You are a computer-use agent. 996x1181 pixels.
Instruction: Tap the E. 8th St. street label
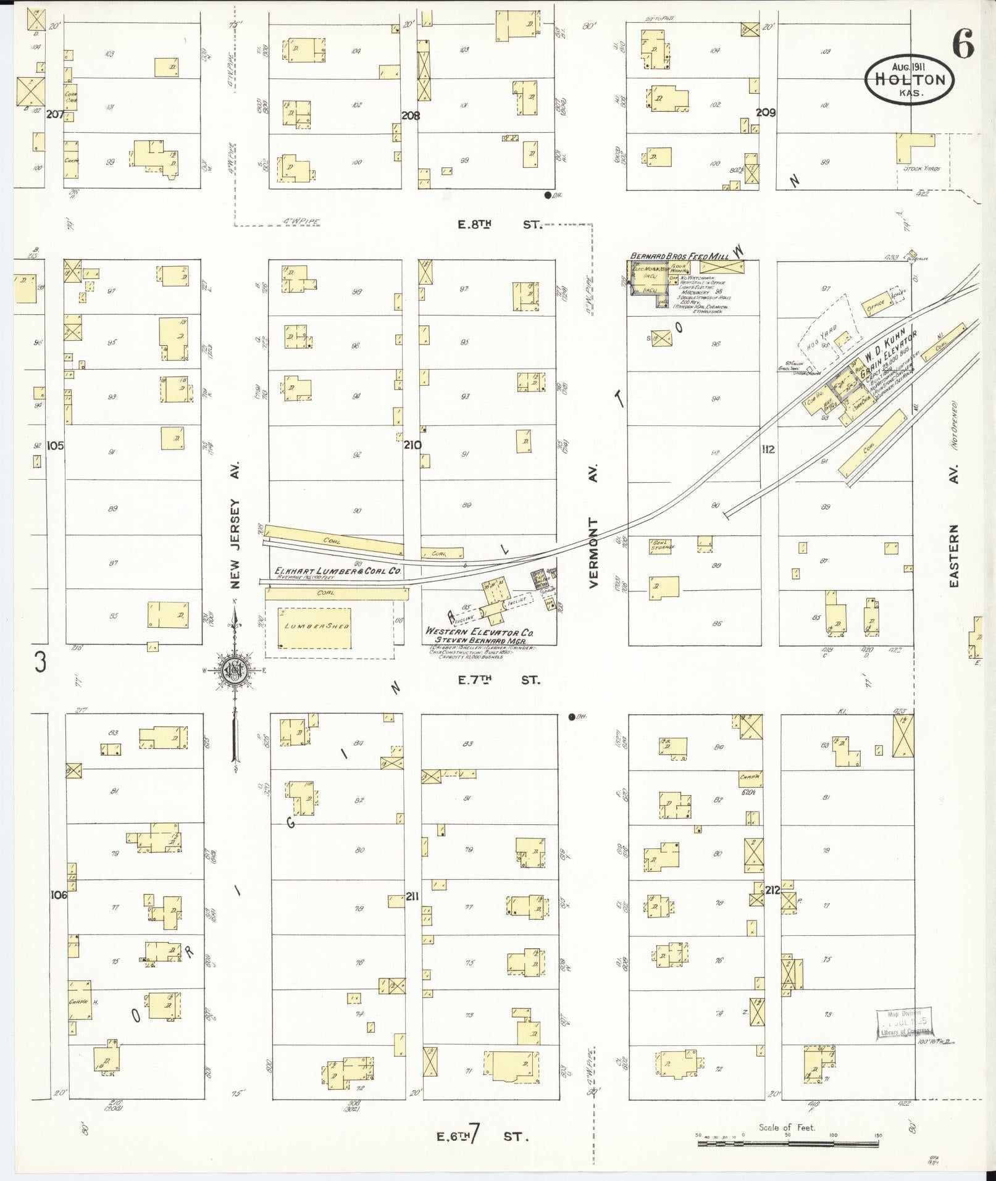499,225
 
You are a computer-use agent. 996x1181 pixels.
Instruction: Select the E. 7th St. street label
499,680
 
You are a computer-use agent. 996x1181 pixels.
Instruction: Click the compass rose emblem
235,670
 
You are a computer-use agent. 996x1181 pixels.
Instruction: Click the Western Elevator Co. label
479,633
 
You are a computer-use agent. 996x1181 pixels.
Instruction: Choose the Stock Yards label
921,169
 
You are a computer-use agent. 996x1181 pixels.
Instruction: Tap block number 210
412,445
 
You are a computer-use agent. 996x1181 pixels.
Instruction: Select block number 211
412,896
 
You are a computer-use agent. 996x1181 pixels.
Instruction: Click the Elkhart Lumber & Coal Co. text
338,572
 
